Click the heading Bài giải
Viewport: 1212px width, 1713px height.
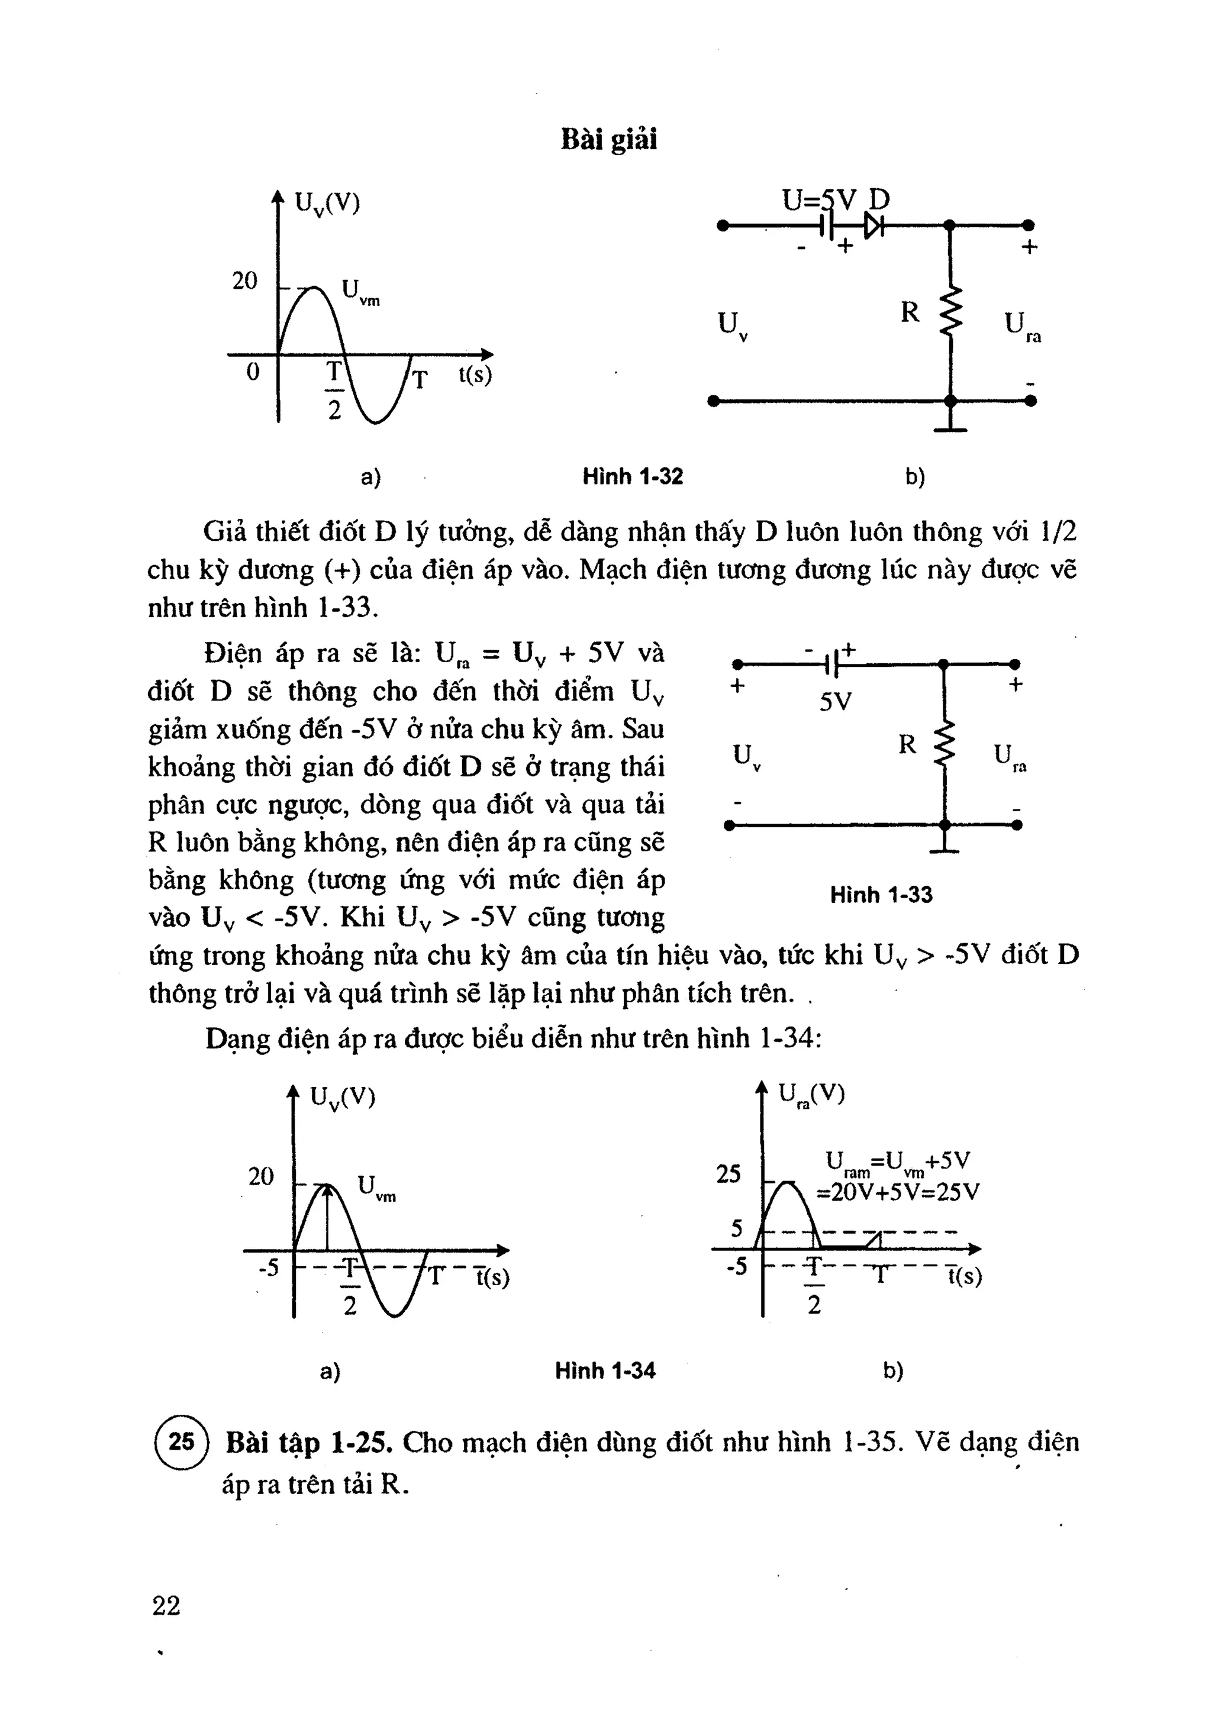pos(608,140)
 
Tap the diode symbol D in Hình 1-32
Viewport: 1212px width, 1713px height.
pos(873,225)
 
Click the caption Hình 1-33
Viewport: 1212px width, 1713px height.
pos(881,895)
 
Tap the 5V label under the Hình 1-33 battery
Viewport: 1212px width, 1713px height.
pos(835,702)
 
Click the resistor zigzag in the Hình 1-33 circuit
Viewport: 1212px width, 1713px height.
pos(945,743)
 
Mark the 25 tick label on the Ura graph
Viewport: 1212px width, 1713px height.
pos(729,1175)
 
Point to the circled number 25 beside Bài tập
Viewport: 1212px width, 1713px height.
pos(181,1441)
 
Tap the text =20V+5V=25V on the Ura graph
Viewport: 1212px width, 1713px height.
pos(898,1192)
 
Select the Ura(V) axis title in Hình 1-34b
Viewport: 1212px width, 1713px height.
pos(811,1095)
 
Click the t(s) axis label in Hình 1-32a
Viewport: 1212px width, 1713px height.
pos(475,375)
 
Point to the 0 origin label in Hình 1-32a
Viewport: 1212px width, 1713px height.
pos(253,372)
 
